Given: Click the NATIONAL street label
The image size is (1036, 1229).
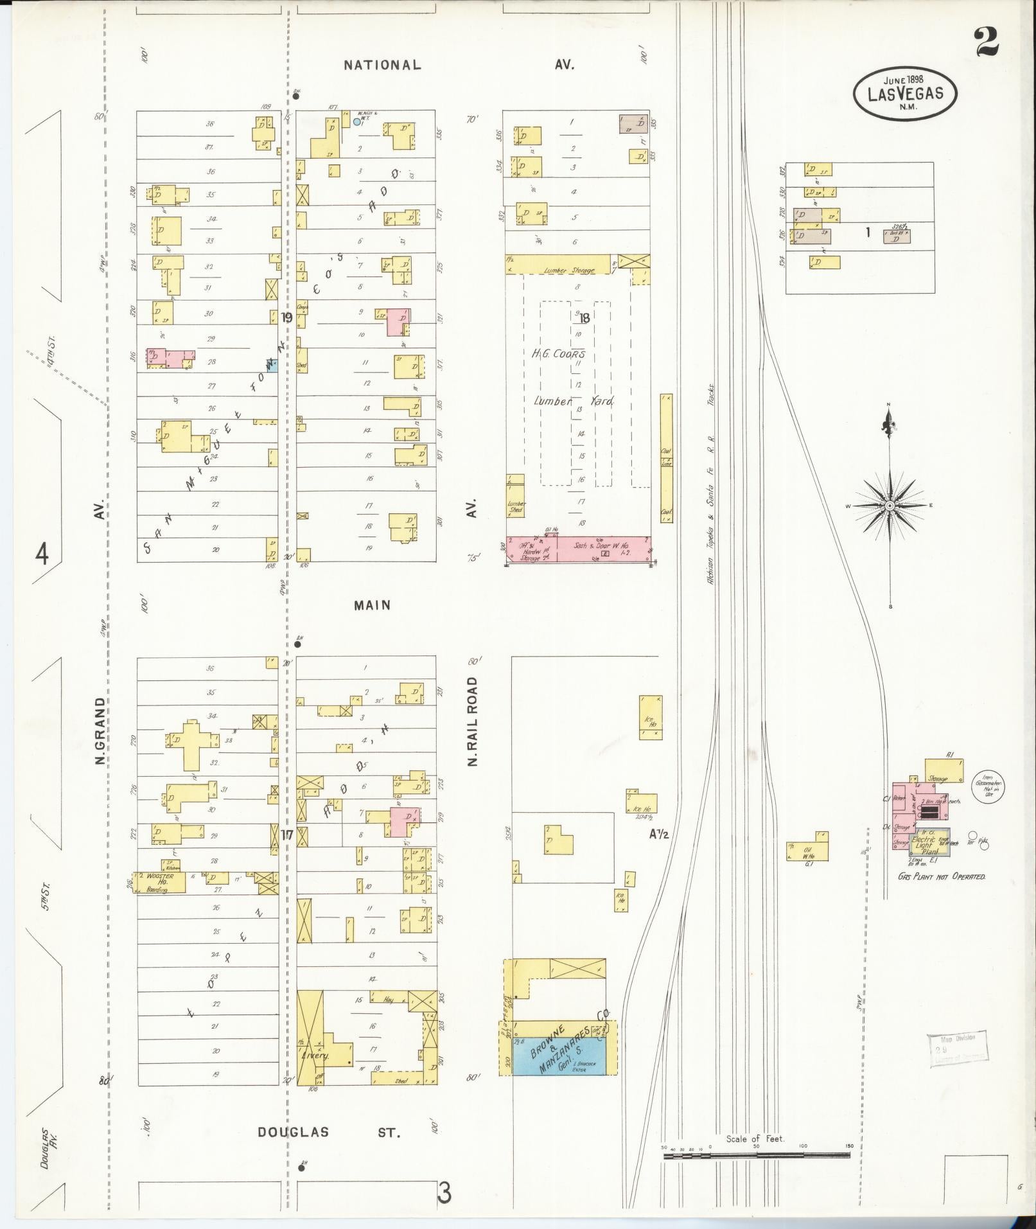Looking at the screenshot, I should [x=382, y=65].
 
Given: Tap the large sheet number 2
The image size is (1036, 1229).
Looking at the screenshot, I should [x=987, y=42].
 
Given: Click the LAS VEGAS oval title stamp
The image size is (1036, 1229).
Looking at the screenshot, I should [x=905, y=94].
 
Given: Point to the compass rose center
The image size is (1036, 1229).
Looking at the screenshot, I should [x=890, y=506].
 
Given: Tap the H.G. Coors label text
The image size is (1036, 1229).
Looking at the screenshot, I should [x=558, y=354].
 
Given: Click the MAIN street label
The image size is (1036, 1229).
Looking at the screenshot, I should [x=372, y=605].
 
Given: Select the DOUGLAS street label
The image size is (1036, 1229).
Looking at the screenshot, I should [x=294, y=1131].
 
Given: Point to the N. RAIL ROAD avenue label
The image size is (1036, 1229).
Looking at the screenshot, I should [x=473, y=721].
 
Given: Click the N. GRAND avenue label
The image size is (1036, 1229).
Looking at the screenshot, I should [x=100, y=731].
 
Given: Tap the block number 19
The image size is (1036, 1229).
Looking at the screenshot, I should [x=286, y=317].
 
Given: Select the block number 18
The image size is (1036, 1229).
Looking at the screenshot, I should [x=584, y=317].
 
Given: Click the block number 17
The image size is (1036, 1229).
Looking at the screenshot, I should [x=286, y=835].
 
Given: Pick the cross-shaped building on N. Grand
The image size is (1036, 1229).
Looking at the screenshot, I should [x=191, y=743].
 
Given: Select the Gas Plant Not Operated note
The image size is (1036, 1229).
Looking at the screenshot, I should [x=941, y=876].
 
